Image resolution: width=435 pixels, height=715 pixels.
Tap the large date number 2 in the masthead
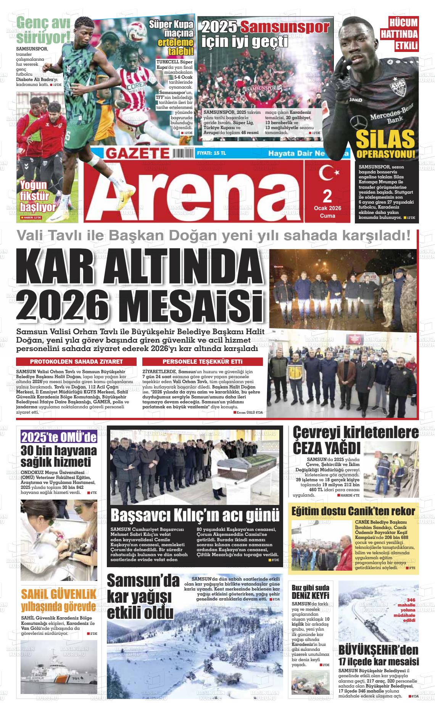[x=327, y=197]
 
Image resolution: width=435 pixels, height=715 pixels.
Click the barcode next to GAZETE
[x=183, y=153]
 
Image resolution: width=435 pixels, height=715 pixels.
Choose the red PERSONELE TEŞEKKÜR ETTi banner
[x=202, y=361]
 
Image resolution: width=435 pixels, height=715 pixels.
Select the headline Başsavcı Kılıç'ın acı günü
[x=195, y=514]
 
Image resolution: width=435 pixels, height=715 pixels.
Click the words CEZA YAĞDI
[x=326, y=447]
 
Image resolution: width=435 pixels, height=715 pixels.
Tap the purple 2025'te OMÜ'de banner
[x=59, y=437]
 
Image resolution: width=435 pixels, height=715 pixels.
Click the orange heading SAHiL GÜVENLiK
[x=59, y=594]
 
